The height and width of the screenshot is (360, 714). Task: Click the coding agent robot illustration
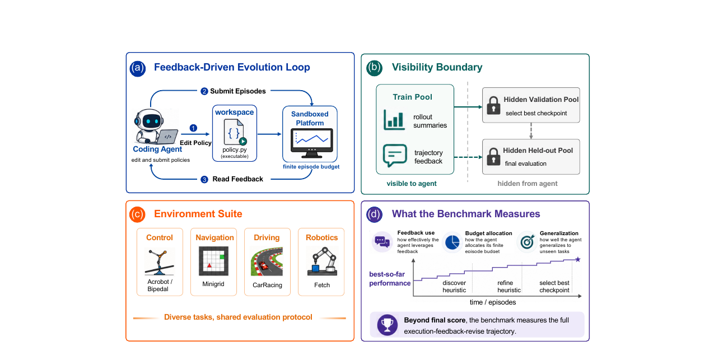click(155, 127)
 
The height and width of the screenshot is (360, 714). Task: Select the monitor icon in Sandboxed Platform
click(311, 143)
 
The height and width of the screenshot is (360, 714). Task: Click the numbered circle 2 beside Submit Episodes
click(204, 91)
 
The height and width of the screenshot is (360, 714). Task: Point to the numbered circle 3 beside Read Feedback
click(204, 179)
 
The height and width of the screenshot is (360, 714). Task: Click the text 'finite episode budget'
click(311, 167)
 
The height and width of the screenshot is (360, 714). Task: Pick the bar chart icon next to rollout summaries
click(394, 120)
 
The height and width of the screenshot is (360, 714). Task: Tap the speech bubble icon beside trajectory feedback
click(395, 156)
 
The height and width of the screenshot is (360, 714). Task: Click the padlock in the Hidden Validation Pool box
click(493, 105)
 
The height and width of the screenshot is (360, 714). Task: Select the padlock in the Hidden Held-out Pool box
click(493, 156)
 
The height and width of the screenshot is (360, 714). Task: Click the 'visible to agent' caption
click(412, 184)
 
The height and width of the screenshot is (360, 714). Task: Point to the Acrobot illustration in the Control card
click(160, 262)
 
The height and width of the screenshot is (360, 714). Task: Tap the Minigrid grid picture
click(213, 261)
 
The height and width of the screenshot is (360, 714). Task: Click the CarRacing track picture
click(267, 261)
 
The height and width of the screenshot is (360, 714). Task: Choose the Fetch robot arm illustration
click(322, 262)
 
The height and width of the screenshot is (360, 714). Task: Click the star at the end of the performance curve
click(577, 260)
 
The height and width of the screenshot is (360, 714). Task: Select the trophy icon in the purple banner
click(388, 325)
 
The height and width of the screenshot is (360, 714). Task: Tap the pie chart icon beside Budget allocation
click(452, 242)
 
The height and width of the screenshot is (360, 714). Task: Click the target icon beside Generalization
click(527, 242)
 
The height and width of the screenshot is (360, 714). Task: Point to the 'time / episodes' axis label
click(493, 302)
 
